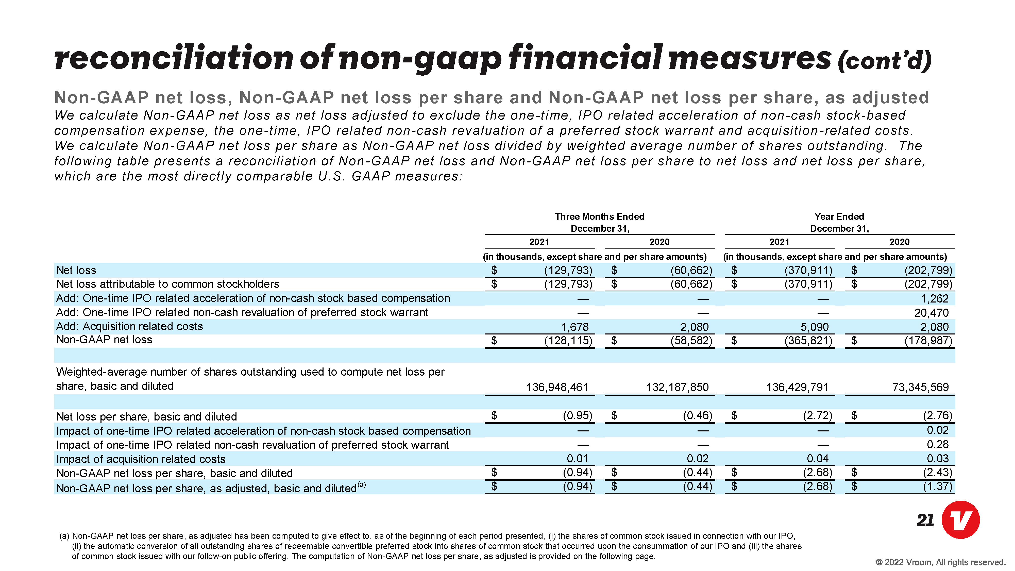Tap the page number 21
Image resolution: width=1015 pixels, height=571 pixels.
point(925,520)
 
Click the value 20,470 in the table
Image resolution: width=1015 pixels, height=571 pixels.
point(932,313)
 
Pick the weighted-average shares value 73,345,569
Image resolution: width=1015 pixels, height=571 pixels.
point(920,387)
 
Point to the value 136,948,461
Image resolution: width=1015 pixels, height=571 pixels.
point(557,387)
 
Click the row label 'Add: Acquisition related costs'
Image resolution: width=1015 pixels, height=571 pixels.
point(130,326)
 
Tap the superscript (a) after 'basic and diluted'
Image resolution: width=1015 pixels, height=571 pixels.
point(361,485)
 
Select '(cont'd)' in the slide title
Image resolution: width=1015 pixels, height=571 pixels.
point(885,61)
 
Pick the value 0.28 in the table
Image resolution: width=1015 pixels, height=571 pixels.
point(938,445)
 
